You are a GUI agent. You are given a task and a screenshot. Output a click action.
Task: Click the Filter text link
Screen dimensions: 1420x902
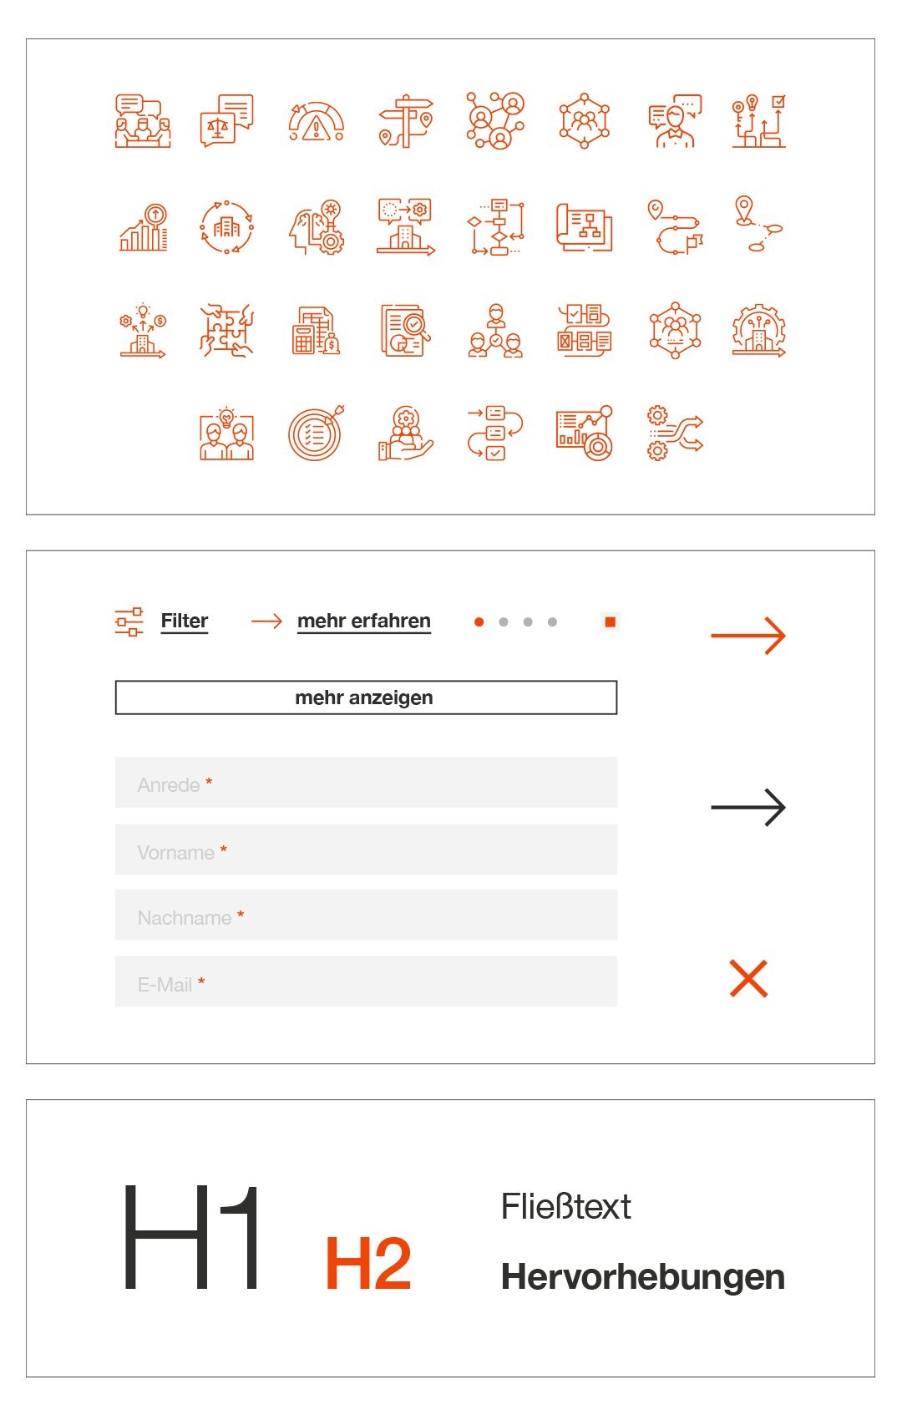[x=184, y=621]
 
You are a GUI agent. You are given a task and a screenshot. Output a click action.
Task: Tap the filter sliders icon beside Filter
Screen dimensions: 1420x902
[x=129, y=621]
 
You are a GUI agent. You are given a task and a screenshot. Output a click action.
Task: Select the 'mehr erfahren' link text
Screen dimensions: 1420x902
[x=363, y=621]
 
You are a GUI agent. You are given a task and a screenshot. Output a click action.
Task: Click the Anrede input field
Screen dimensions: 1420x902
[x=366, y=783]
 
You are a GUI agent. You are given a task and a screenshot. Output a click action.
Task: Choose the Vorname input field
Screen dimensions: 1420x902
[x=366, y=849]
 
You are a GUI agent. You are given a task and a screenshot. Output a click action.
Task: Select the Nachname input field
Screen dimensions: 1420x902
[x=366, y=915]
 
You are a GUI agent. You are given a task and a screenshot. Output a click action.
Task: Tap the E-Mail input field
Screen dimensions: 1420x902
[x=366, y=981]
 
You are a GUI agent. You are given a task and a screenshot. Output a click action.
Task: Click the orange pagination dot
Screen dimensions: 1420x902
[x=479, y=622]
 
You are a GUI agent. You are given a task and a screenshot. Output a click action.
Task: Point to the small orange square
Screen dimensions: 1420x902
[x=610, y=622]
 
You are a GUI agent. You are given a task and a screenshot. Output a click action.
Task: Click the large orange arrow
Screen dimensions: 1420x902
[x=747, y=636]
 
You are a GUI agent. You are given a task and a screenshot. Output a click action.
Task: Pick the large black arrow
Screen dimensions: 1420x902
[x=747, y=808]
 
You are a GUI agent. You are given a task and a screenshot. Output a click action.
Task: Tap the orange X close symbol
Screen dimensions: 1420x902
[x=748, y=979]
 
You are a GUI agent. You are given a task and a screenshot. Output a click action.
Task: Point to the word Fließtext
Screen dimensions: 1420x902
[x=565, y=1207]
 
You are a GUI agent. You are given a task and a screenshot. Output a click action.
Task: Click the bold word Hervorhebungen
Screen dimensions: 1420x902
[x=642, y=1277]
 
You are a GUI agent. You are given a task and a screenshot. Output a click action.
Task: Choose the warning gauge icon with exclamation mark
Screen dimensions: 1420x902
[x=316, y=122]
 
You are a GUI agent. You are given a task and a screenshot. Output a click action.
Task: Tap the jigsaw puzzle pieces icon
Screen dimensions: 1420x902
[x=226, y=330]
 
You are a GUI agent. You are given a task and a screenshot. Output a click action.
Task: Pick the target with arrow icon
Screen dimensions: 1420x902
[x=316, y=434]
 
